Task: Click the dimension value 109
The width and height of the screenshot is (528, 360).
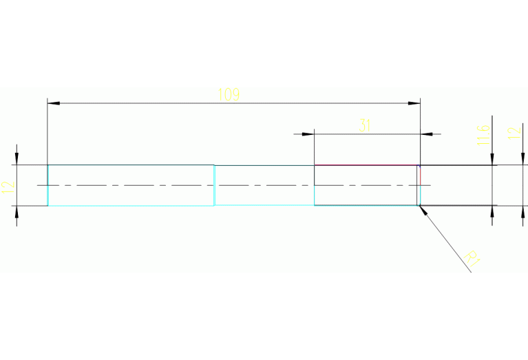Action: [229, 95]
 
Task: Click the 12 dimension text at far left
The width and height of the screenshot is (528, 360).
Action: [8, 187]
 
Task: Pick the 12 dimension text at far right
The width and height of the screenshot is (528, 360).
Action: [513, 133]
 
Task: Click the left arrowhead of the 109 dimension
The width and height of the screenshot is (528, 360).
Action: [54, 103]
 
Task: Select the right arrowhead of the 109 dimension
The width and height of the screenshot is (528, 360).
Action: [414, 103]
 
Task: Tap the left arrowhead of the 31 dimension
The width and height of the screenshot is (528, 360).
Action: [308, 134]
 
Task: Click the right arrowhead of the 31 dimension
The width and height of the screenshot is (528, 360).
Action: [426, 134]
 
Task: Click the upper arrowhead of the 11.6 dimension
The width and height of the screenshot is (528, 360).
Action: [492, 160]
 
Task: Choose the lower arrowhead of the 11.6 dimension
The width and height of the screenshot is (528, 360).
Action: [492, 211]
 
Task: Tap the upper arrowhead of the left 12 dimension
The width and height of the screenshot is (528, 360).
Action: [17, 159]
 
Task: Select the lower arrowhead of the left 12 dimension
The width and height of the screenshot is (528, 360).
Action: [17, 211]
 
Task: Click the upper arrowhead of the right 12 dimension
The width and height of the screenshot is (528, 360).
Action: [521, 160]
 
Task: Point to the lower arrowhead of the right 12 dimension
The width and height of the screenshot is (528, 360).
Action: [521, 211]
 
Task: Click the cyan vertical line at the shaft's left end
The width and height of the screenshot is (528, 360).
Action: [47, 185]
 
